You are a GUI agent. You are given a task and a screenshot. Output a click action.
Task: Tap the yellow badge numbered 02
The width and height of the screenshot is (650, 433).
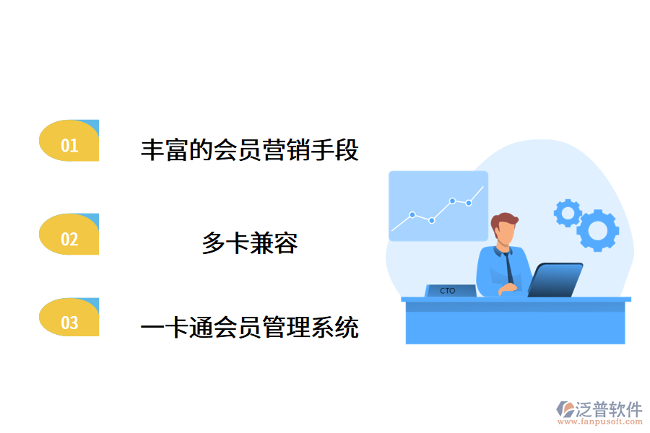(x=69, y=236)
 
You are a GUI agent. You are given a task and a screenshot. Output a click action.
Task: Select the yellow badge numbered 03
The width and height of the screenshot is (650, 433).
(x=69, y=320)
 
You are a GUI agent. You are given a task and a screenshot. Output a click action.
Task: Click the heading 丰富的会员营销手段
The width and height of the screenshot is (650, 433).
(x=249, y=150)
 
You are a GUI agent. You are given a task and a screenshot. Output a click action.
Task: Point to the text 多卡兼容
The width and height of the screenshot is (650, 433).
(x=249, y=243)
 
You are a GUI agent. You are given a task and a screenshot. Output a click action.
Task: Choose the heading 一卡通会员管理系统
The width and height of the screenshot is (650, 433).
(x=249, y=328)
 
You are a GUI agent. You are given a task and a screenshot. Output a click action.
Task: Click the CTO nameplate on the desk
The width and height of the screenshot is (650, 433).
(x=449, y=290)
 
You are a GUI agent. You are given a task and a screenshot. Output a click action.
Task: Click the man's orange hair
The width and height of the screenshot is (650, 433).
(x=504, y=219)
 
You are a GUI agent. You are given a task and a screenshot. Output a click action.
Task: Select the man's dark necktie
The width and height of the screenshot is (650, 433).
(x=510, y=267)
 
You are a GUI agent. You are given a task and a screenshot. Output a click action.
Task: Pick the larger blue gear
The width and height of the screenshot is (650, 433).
(x=597, y=229)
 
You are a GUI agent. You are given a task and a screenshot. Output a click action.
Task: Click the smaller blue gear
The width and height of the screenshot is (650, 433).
(x=567, y=212)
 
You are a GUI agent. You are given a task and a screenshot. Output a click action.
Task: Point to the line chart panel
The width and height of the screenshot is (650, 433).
(x=438, y=206)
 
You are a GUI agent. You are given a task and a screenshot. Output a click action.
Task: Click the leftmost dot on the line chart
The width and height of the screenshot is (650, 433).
(x=412, y=214)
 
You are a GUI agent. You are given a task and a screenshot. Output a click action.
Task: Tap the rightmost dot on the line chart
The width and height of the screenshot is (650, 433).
(x=469, y=203)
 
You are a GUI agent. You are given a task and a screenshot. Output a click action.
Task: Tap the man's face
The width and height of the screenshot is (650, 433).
(x=506, y=234)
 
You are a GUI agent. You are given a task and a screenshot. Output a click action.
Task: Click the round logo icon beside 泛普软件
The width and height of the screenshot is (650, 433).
(x=564, y=410)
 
